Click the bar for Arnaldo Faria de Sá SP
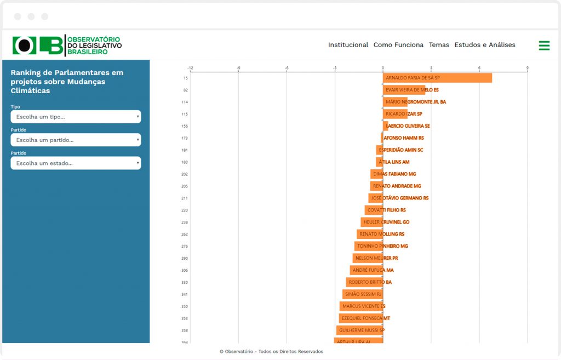click(437, 78)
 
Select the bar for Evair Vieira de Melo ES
click(404, 90)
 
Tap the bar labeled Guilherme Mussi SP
click(359, 330)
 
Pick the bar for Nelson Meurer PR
click(368, 258)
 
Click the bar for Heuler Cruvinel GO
click(371, 222)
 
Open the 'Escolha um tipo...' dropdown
click(76, 117)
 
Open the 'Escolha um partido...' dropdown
click(76, 140)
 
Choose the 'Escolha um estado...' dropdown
click(76, 163)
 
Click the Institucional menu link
click(348, 45)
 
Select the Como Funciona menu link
click(398, 45)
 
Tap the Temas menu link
click(439, 45)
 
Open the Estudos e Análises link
click(485, 45)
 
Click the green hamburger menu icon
click(544, 45)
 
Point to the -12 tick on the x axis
click(190, 68)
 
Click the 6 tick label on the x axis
click(479, 68)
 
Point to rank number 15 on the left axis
click(186, 78)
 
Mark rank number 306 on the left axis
click(185, 270)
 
